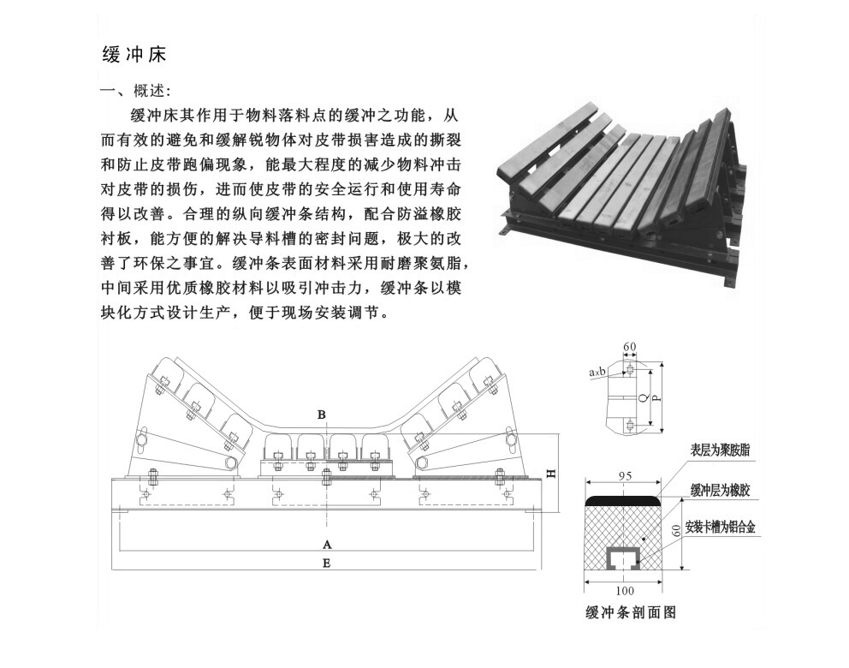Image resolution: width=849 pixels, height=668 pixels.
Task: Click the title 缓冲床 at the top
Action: pos(134,54)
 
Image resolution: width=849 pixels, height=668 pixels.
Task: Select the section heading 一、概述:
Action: pos(136,91)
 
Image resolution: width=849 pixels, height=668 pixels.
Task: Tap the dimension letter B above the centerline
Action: pos(322,415)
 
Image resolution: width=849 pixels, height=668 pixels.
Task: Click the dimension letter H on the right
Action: pos(551,473)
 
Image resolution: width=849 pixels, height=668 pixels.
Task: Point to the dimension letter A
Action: pos(326,544)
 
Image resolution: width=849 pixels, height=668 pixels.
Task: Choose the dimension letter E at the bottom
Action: pos(326,564)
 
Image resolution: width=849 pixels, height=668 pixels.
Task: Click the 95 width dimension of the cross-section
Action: pos(625,476)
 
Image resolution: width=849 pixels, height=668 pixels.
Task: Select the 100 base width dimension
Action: pos(625,591)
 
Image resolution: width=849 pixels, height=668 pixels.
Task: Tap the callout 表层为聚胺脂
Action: pos(720,450)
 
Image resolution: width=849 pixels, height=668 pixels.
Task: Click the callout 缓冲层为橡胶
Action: pos(720,491)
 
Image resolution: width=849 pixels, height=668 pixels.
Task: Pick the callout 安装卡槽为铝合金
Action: pos(720,527)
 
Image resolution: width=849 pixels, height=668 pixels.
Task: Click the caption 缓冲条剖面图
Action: pos(631,612)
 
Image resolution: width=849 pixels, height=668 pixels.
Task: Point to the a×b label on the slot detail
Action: pos(597,373)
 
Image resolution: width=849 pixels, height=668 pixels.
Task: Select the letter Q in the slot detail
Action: pos(643,397)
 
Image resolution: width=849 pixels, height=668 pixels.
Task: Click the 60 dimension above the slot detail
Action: pos(630,347)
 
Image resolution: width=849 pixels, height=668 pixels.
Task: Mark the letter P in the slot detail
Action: pos(656,397)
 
